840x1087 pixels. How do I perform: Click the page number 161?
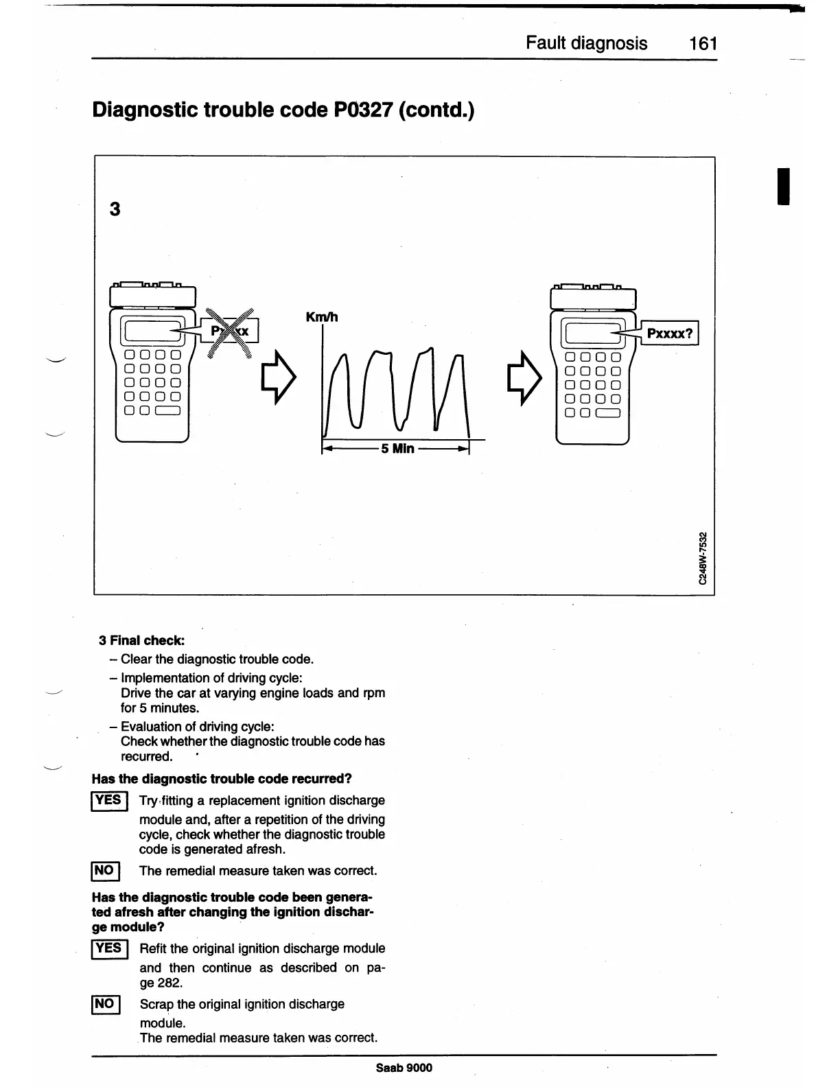(x=703, y=44)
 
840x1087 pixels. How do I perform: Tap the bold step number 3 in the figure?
(x=115, y=209)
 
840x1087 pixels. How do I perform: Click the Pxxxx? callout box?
(x=669, y=334)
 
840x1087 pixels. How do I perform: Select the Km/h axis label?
(x=321, y=317)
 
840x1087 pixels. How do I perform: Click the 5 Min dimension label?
(x=397, y=449)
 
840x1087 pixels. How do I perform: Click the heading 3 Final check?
(x=142, y=640)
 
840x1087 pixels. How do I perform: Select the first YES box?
(x=108, y=800)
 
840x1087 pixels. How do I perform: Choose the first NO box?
(x=105, y=871)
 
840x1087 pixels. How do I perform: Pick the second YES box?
(x=108, y=948)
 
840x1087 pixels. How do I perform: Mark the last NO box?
(x=105, y=1004)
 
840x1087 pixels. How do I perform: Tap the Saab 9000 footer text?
(x=404, y=1068)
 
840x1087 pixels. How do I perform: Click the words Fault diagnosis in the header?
(x=586, y=44)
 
